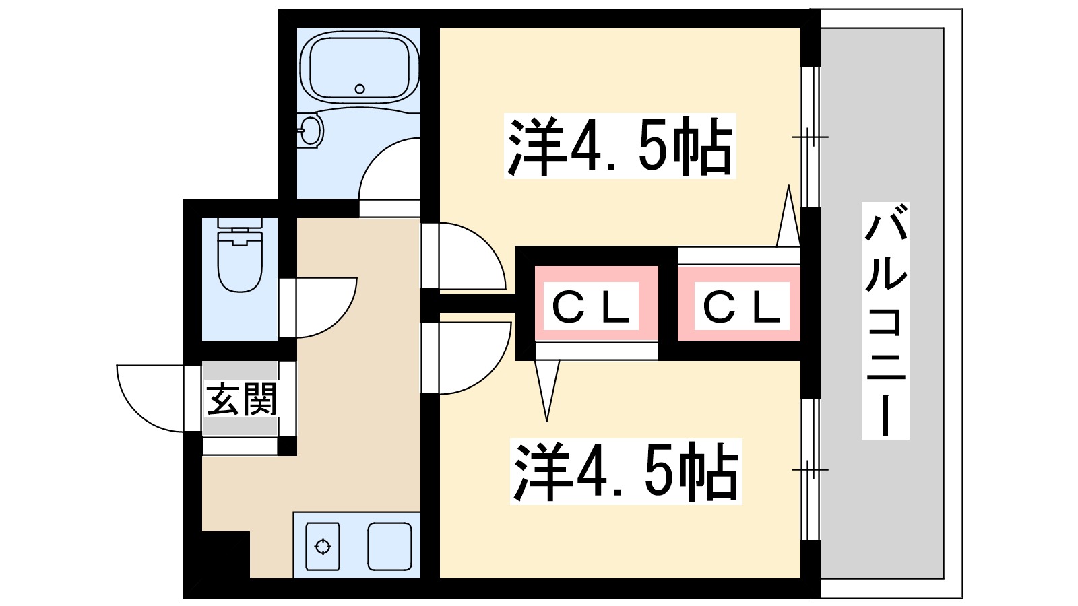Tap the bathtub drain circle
point(360,89)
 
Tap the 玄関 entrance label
point(241,400)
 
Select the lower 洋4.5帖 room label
point(625,471)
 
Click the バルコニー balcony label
point(886,321)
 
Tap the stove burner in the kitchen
point(323,546)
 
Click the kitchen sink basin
point(389,546)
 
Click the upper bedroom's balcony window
point(811,137)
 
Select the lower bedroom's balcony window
point(811,469)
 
